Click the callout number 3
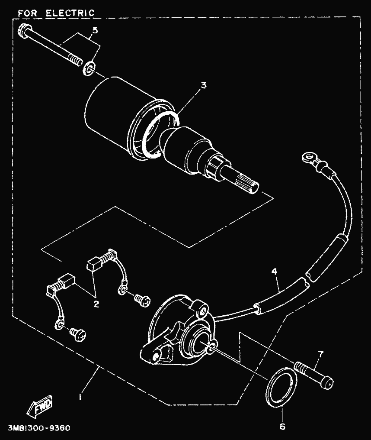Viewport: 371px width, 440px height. tap(204, 85)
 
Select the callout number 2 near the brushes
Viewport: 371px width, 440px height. tap(96, 304)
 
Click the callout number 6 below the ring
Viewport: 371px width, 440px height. tap(282, 427)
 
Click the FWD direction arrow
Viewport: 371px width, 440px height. tap(39, 405)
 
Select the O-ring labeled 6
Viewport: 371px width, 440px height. tap(280, 387)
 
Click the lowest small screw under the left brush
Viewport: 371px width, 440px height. tap(79, 334)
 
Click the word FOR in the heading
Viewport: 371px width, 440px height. tap(27, 13)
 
